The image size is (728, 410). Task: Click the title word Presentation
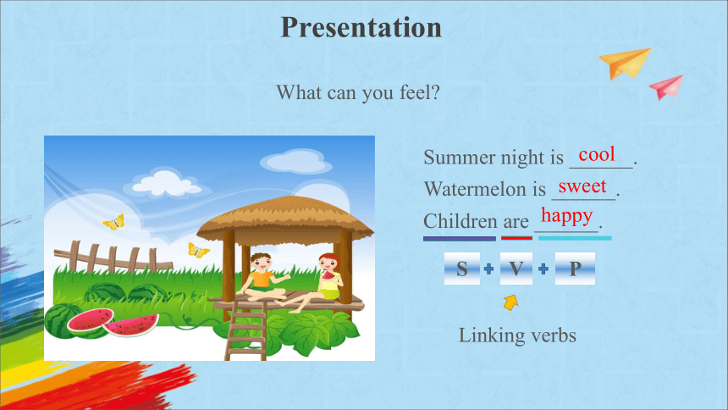tap(361, 28)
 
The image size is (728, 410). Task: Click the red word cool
tap(597, 154)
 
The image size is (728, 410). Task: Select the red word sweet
tap(582, 186)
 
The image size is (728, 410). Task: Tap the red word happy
tap(567, 217)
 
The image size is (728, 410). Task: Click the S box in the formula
tap(462, 269)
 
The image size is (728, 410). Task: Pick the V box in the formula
tap(516, 269)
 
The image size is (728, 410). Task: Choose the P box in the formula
tap(575, 269)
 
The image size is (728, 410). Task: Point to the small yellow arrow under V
tap(510, 302)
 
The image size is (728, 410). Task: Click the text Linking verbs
tap(517, 335)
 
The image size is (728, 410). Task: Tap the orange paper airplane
tap(625, 64)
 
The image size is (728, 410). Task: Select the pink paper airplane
tap(667, 87)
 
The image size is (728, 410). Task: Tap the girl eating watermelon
tap(320, 284)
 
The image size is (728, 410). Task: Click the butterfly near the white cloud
tap(114, 222)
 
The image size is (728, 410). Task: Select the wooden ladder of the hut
tap(246, 330)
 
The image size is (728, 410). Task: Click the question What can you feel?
tap(358, 93)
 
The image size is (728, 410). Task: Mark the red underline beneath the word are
tap(516, 239)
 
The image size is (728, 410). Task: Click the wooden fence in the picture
tap(112, 258)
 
